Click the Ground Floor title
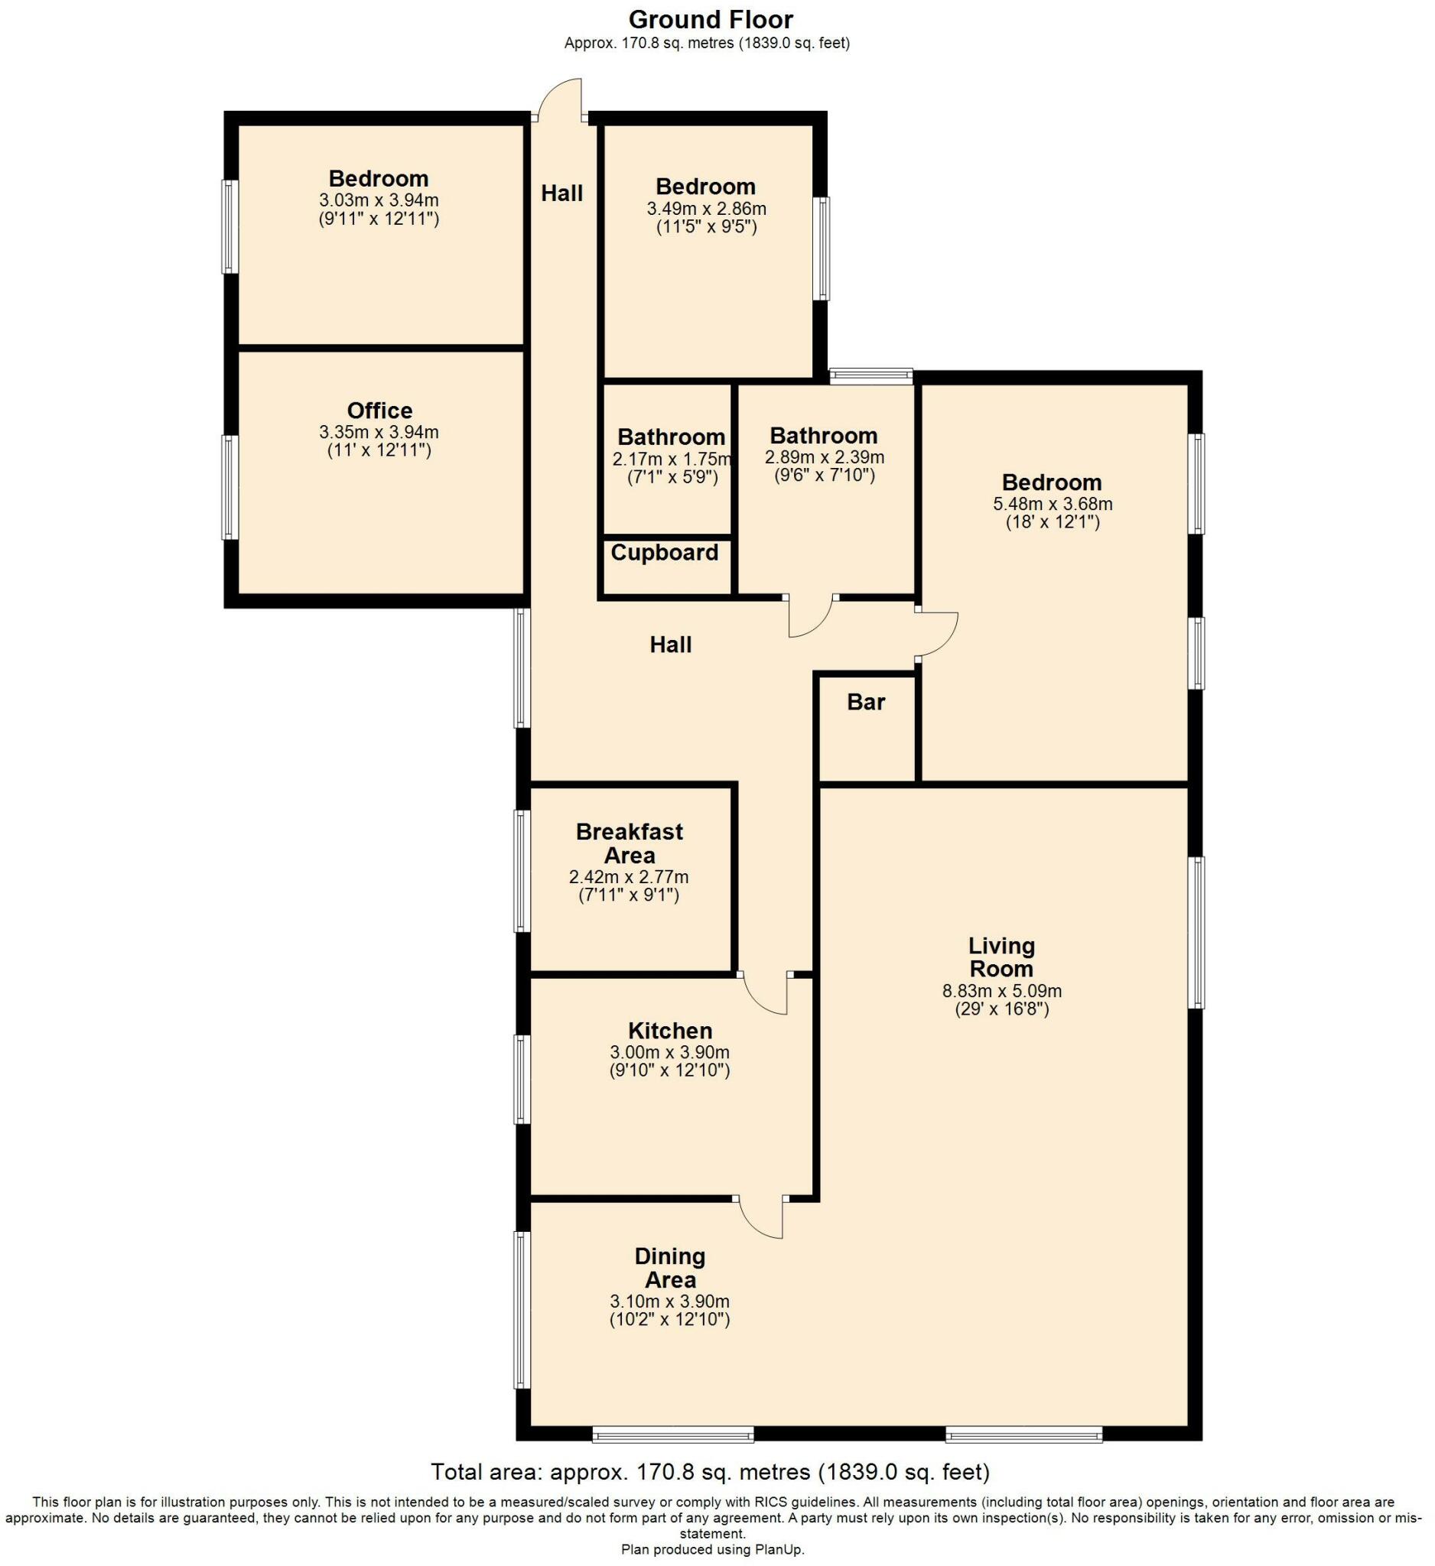(710, 18)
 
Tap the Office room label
(379, 410)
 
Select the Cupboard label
(664, 552)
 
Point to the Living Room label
(1001, 957)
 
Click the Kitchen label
(670, 1031)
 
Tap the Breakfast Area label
(630, 843)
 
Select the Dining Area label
(670, 1268)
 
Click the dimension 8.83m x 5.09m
(1001, 991)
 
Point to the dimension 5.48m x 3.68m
(1052, 503)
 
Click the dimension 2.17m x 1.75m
(672, 459)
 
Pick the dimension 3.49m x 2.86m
(706, 208)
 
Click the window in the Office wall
(229, 487)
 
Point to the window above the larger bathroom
(870, 376)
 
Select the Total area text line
(710, 1471)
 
